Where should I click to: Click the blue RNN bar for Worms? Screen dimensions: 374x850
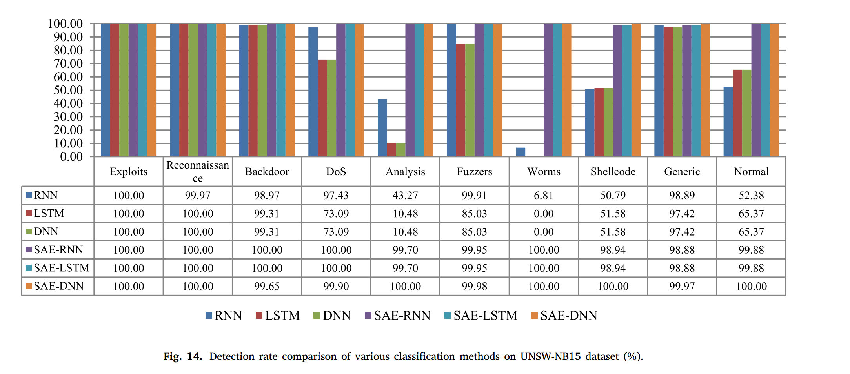521,152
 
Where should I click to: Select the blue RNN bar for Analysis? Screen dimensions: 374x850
382,128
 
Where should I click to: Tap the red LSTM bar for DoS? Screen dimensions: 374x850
322,108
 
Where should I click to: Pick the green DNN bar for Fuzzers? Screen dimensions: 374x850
470,100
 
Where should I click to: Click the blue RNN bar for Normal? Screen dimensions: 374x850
728,122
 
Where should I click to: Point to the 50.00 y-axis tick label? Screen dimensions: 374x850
69,90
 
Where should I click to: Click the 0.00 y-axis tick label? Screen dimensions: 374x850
71,157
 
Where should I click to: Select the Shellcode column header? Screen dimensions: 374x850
613,172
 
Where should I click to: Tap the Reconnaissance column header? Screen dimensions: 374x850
198,171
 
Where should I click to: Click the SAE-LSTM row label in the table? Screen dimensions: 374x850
61,268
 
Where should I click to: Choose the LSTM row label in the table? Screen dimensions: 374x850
49,213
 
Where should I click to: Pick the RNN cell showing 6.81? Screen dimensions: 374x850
544,195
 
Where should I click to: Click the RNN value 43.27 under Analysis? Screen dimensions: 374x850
405,195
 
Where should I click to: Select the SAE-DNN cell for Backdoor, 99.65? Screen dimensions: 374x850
267,286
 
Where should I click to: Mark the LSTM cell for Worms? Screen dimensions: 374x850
544,214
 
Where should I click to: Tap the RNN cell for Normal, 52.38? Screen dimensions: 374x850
751,195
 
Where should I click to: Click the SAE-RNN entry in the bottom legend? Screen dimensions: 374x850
398,316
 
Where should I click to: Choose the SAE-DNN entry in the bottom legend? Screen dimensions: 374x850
564,316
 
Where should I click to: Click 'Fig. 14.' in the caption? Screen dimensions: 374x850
183,356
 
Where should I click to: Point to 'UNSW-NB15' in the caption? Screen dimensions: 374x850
550,356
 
